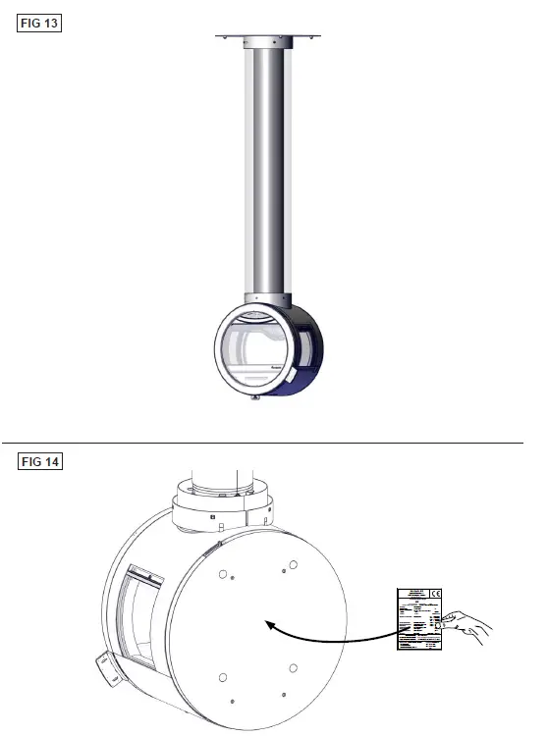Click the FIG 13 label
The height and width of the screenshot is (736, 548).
point(40,22)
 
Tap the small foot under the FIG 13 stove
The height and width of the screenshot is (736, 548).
point(255,397)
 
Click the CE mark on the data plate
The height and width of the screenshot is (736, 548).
point(434,596)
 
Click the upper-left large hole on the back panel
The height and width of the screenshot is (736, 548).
point(223,574)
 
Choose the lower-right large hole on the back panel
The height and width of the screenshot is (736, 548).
point(294,667)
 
